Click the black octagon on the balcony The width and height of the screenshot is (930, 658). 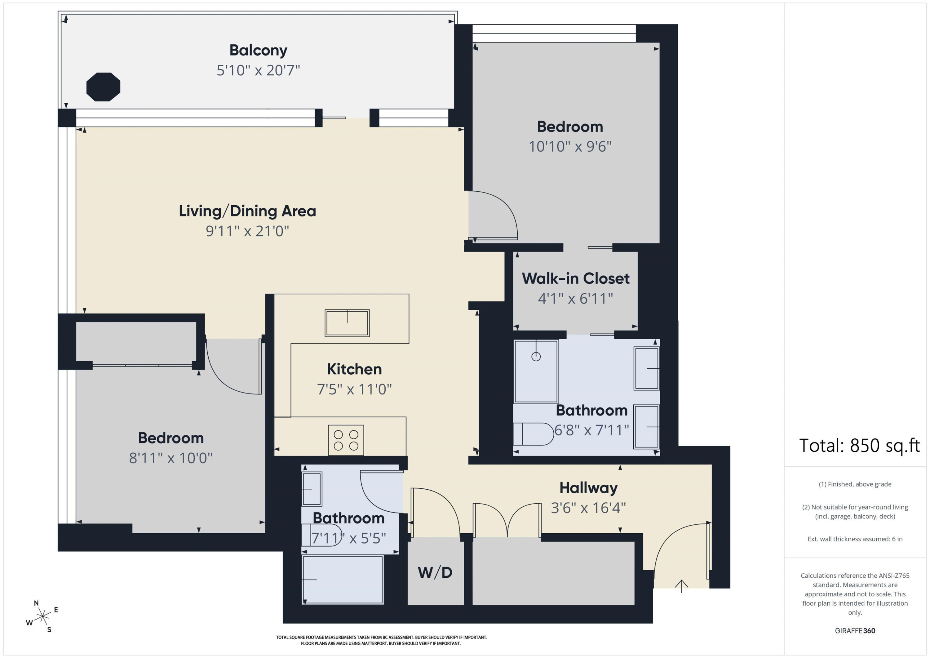(x=103, y=87)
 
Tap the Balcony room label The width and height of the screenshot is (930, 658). (x=259, y=50)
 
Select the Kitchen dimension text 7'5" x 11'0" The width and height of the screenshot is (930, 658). (x=354, y=389)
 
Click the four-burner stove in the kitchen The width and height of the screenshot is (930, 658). (x=346, y=440)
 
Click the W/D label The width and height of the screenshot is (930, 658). (x=435, y=572)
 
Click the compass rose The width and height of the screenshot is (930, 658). (x=42, y=617)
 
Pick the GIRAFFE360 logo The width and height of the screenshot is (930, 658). (x=855, y=631)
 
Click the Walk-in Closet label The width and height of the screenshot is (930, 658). (x=576, y=278)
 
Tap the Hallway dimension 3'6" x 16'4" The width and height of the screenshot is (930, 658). (x=588, y=508)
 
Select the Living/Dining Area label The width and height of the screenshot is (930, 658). (x=247, y=211)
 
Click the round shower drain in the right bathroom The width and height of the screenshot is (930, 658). (x=536, y=357)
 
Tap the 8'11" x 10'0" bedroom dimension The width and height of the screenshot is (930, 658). (x=170, y=458)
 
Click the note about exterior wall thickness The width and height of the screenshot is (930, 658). (x=855, y=539)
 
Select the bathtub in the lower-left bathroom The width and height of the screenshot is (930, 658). (x=343, y=580)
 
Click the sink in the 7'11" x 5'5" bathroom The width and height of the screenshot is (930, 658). (x=312, y=489)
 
